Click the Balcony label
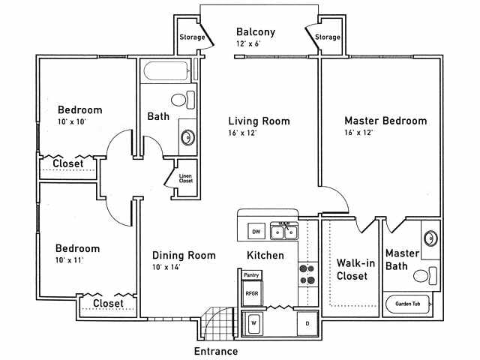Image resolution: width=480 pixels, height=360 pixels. coord(255,32)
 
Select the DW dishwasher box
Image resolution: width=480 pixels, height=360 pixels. coord(256,231)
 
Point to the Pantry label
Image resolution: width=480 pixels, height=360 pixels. coord(251,275)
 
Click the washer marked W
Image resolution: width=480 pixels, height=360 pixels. coord(253,323)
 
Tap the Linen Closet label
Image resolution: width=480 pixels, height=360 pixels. coord(185,178)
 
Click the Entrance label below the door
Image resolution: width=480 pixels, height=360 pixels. coord(216,351)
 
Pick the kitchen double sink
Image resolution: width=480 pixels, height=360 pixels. coord(284,232)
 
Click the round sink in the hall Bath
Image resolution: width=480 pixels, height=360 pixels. coord(187,137)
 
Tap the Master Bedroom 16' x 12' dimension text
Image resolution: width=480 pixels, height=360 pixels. coord(358,133)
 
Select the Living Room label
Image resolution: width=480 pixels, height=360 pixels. coord(259,121)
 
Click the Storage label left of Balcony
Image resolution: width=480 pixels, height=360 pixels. coord(190,37)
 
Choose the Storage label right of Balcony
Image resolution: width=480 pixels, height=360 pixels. coord(328,37)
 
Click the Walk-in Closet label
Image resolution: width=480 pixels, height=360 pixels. coord(351,269)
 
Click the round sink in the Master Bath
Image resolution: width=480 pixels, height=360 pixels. coord(430,239)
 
